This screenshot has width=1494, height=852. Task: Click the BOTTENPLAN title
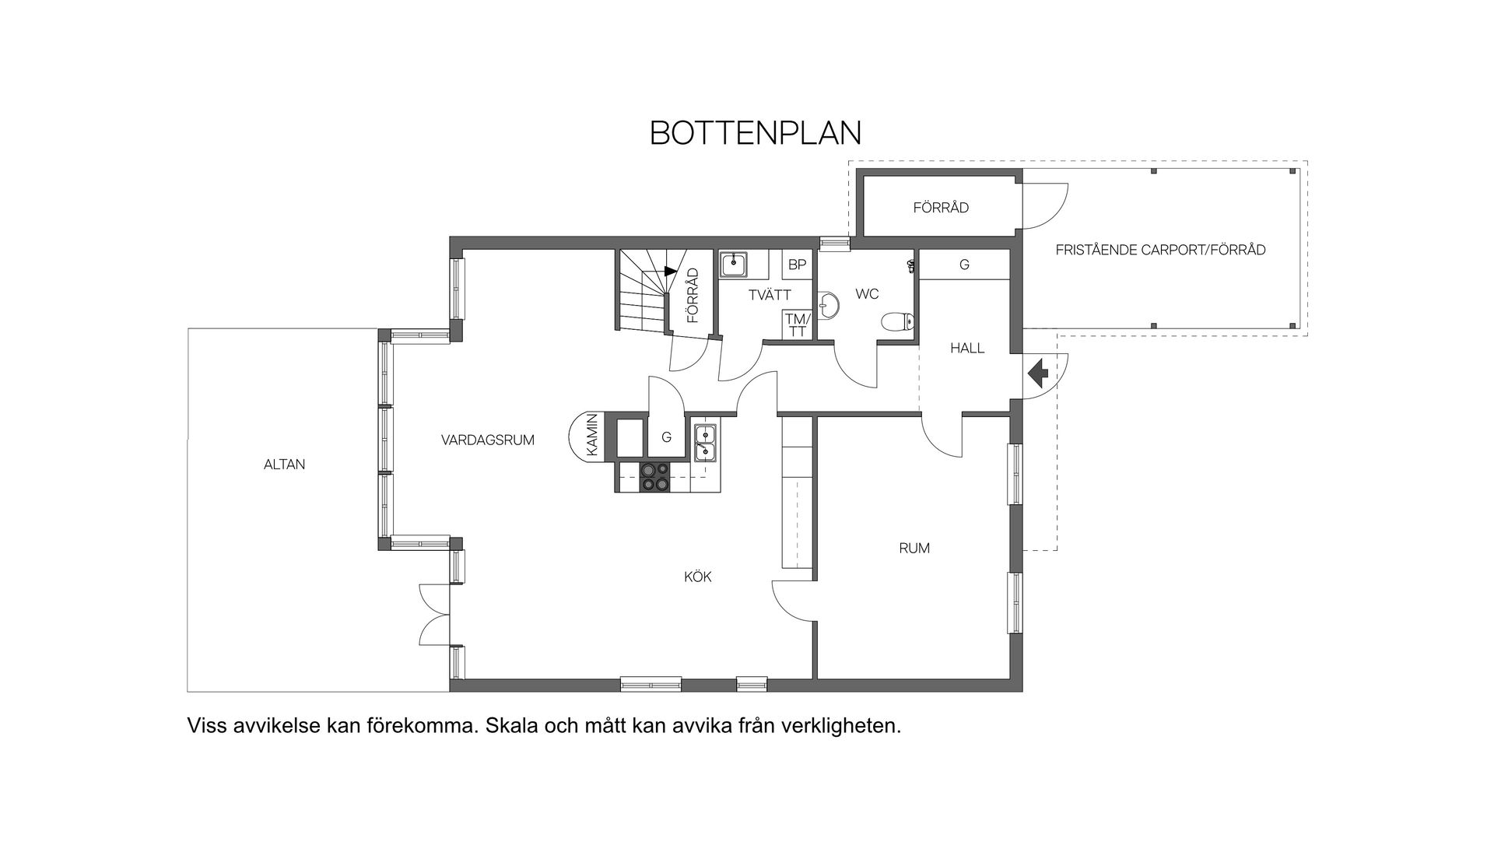pos(755,133)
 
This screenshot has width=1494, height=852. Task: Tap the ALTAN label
pos(284,465)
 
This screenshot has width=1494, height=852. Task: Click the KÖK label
pos(697,577)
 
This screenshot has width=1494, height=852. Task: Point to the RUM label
pos(914,548)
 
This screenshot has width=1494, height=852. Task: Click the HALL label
pos(967,348)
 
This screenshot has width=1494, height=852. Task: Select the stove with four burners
pos(654,477)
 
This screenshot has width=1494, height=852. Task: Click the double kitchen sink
pos(706,443)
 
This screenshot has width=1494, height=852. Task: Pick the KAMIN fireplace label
pos(592,435)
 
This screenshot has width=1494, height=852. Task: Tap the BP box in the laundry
pos(797,265)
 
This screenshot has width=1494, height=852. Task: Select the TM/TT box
pos(797,324)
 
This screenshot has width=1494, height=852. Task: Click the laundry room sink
pos(734,265)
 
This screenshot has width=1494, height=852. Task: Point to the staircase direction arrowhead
pos(671,271)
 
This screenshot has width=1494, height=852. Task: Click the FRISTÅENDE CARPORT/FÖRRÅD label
pos(1160,250)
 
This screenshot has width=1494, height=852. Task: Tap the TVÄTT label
pos(770,295)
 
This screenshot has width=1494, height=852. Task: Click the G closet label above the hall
pos(964,265)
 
